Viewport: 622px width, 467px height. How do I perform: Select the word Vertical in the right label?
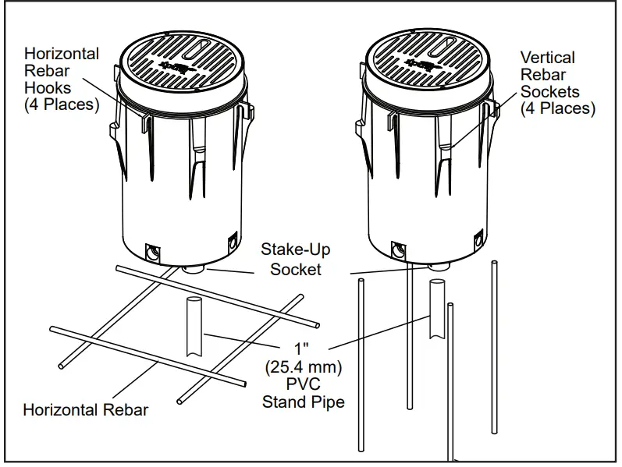pyautogui.click(x=547, y=58)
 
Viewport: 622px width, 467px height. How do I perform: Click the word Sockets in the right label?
pyautogui.click(x=549, y=92)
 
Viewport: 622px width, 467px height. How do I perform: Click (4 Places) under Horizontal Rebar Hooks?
pyautogui.click(x=62, y=104)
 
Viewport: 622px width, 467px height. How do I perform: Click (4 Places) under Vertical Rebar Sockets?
pyautogui.click(x=557, y=109)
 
